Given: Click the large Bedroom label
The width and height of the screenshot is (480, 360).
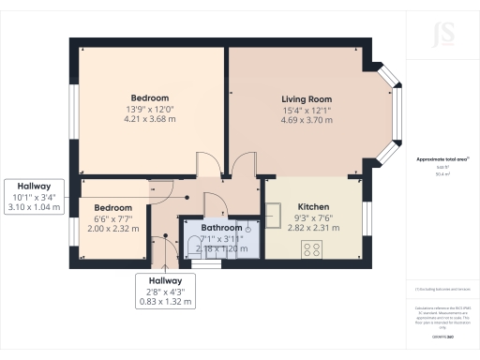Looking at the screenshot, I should click(x=150, y=98).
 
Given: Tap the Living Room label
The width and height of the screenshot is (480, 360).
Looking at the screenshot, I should click(x=307, y=98).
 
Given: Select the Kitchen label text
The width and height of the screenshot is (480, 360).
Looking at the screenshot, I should click(x=313, y=206).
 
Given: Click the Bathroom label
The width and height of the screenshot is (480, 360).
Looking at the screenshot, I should click(x=221, y=228).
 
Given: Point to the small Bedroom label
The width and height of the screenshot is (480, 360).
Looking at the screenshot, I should click(x=112, y=207).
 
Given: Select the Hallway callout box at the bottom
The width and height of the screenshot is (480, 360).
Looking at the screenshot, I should click(x=157, y=291).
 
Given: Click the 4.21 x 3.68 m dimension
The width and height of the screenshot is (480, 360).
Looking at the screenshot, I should click(x=150, y=119).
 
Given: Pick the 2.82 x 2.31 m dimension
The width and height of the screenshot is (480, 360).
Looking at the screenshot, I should click(x=313, y=227).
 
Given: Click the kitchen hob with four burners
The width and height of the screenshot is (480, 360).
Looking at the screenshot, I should click(x=312, y=248).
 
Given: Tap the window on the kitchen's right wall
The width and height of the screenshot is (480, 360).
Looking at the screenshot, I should click(x=365, y=217).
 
